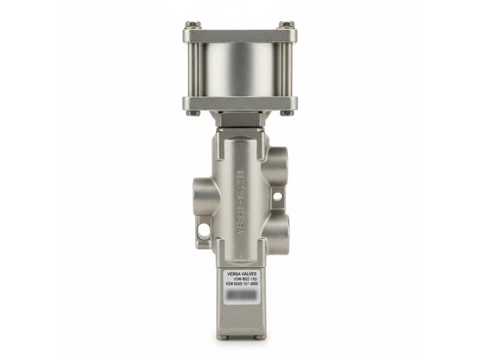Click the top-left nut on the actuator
pyautogui.click(x=193, y=25)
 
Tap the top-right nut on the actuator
pyautogui.click(x=286, y=25)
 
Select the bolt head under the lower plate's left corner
pyautogui.click(x=193, y=113)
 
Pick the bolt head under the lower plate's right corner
pyautogui.click(x=286, y=113)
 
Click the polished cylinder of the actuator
pyautogui.click(x=239, y=70)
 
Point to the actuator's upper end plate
pyautogui.click(x=239, y=35)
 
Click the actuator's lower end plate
pyautogui.click(x=239, y=103)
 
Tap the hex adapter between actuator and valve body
pyautogui.click(x=239, y=119)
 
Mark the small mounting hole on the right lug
pyautogui.click(x=277, y=196)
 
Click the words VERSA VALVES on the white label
pyautogui.click(x=241, y=273)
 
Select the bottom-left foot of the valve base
pyautogui.click(x=223, y=337)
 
